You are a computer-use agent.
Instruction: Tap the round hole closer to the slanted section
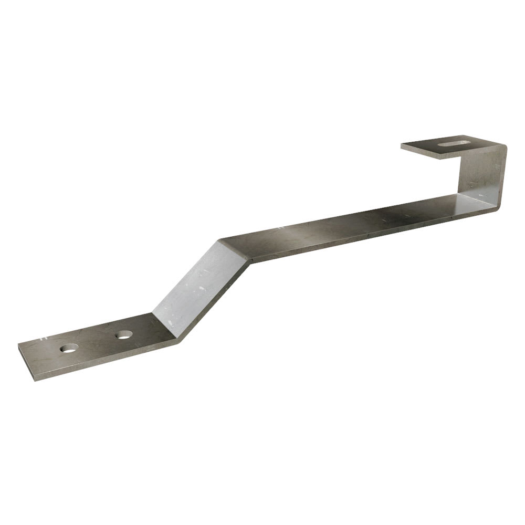pyautogui.click(x=123, y=334)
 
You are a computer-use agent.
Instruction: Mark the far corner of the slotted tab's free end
pyautogui.click(x=401, y=145)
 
